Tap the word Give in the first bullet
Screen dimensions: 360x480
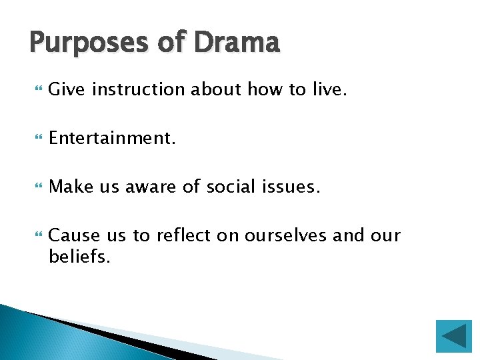[x=67, y=89]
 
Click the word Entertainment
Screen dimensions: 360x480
[x=112, y=138]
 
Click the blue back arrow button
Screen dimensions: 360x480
[x=453, y=336]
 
